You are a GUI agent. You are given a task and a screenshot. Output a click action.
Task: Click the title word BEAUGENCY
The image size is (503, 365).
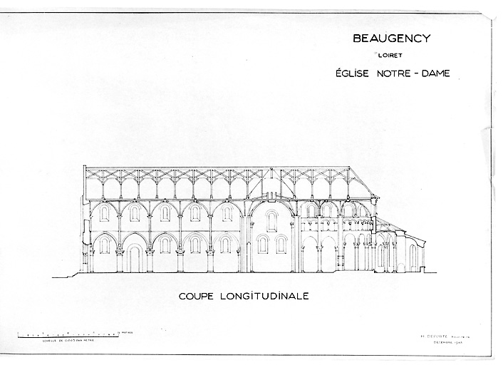(x=392, y=38)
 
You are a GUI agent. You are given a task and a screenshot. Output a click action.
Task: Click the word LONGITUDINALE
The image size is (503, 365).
(x=265, y=296)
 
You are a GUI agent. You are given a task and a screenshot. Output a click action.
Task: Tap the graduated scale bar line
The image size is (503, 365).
(x=67, y=333)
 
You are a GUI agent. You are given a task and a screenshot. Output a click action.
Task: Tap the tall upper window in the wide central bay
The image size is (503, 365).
(x=271, y=220)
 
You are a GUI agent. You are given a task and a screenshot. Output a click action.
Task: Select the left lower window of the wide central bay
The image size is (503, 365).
(x=262, y=245)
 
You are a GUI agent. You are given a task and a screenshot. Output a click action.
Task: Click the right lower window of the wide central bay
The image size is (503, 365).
(x=281, y=245)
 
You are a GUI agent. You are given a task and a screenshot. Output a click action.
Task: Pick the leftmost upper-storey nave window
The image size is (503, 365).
(x=104, y=213)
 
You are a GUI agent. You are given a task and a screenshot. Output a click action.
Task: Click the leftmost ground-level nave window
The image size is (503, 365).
(x=104, y=245)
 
